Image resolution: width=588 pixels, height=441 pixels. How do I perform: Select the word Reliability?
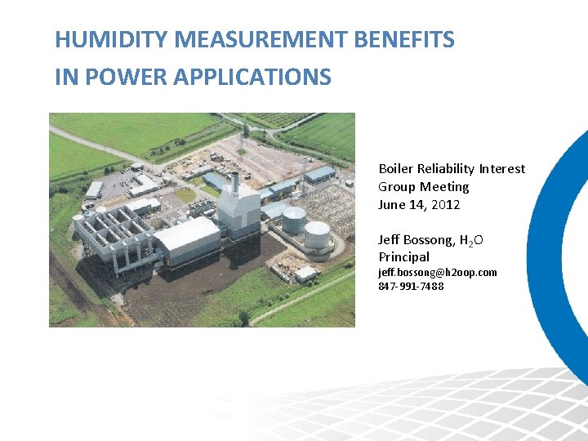point(448,168)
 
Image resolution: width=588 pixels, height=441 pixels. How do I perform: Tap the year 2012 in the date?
point(447,204)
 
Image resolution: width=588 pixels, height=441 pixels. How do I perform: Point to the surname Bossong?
point(430,239)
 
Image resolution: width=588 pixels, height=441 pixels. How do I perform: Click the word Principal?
point(403,257)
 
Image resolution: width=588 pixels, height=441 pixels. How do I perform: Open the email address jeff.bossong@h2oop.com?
point(437,272)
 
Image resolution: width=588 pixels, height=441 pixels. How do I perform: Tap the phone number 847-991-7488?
point(411,286)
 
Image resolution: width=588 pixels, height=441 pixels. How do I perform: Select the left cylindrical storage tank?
point(293,219)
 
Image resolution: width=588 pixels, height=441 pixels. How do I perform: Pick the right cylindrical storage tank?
point(317,234)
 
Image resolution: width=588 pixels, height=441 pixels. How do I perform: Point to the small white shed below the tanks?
point(305,274)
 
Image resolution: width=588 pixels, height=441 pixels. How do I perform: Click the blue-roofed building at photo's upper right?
point(320,174)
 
